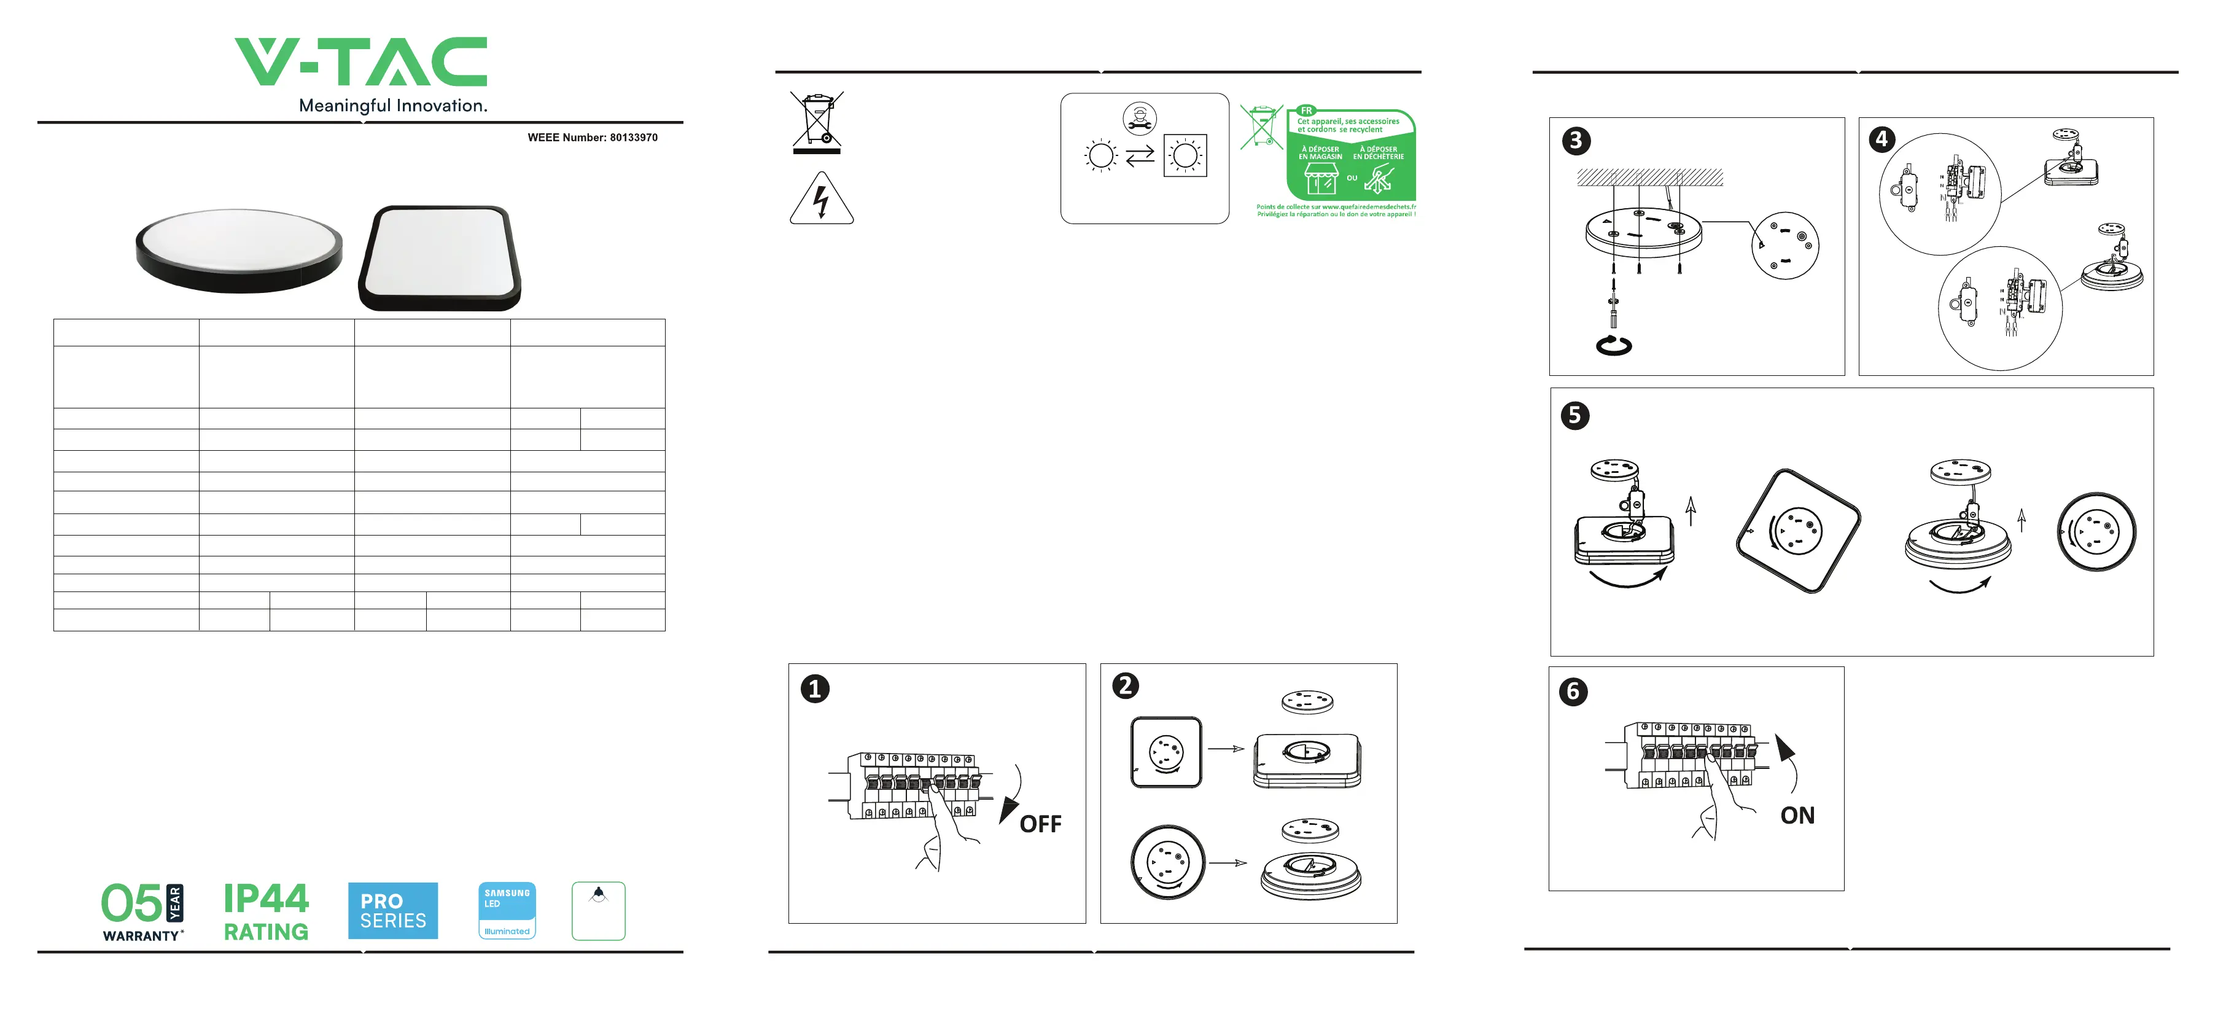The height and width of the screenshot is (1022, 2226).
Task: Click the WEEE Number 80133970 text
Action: tap(592, 138)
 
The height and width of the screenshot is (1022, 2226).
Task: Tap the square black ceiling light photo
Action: tap(440, 258)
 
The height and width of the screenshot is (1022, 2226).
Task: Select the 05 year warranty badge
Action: tap(142, 910)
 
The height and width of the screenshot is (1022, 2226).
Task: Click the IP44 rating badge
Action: tap(265, 910)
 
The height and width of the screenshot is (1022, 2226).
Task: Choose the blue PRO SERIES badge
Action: tap(392, 910)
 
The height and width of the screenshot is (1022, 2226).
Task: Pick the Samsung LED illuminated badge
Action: tap(507, 910)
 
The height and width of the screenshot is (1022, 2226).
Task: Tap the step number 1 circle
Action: tap(815, 689)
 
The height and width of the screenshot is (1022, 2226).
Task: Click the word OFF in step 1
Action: tap(1040, 824)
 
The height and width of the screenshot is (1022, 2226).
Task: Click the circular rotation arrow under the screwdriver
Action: tap(1613, 346)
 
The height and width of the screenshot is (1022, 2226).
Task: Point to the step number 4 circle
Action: tap(1882, 139)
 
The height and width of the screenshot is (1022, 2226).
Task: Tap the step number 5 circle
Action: tap(1574, 415)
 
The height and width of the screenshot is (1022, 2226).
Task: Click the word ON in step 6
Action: tap(1797, 816)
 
